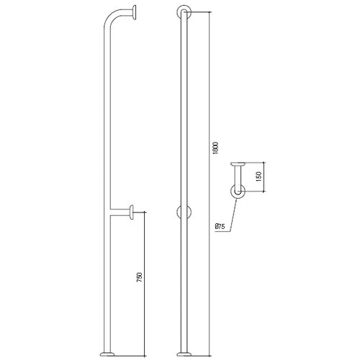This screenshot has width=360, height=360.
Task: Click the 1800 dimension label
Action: click(x=215, y=148)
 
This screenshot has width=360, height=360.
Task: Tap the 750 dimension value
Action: click(x=140, y=277)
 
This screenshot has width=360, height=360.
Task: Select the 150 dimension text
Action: click(x=258, y=176)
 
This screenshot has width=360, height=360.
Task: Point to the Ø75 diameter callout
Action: click(x=220, y=226)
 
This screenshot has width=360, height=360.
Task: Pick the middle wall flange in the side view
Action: click(x=132, y=212)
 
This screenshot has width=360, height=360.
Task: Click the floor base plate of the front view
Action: click(x=184, y=354)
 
